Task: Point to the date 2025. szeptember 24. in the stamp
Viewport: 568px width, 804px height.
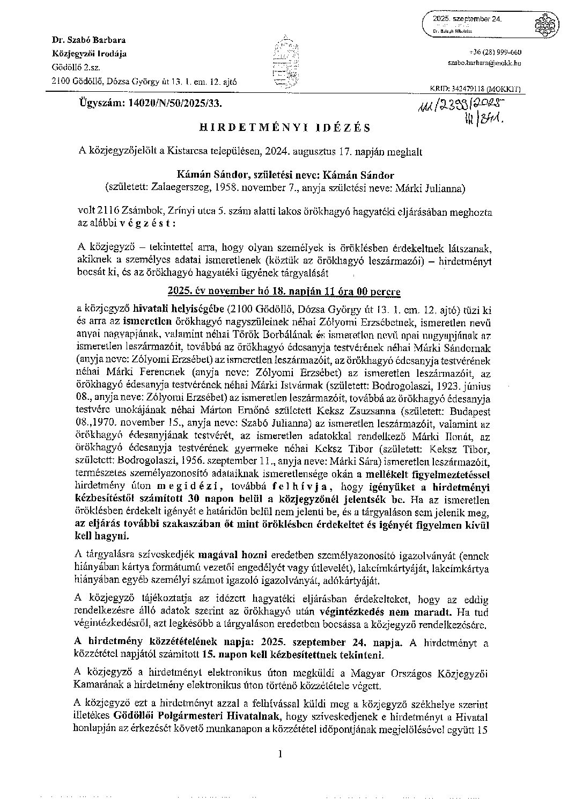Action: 468,19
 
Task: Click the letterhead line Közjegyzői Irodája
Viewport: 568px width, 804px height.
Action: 89,54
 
